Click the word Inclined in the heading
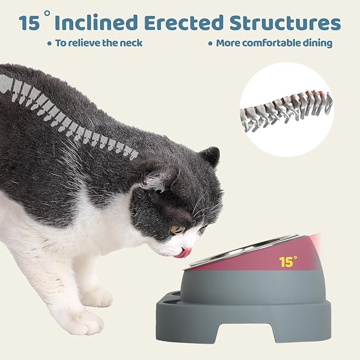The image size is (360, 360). [96, 22]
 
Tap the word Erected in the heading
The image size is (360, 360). [184, 22]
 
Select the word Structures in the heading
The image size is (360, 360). [285, 23]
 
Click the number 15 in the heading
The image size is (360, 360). [29, 23]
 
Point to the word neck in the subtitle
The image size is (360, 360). [131, 43]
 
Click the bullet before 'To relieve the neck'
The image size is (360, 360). [49, 43]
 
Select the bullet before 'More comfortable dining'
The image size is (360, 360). [210, 43]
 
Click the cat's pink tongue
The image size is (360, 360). [184, 253]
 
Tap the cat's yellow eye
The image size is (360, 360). [177, 230]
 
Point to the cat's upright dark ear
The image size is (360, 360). [210, 156]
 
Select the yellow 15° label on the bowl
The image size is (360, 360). [288, 261]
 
